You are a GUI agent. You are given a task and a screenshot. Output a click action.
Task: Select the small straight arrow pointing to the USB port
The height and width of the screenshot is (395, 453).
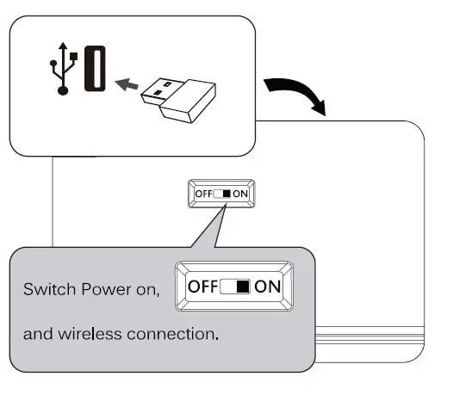[127, 83]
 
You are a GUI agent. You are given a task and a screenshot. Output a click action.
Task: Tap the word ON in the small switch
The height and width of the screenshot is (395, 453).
[242, 194]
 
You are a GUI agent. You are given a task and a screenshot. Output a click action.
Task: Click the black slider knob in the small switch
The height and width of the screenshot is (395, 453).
[226, 194]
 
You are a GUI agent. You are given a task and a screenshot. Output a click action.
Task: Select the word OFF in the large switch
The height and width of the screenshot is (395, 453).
[203, 284]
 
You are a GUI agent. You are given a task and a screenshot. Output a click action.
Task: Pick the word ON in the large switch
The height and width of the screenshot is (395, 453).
[270, 284]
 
